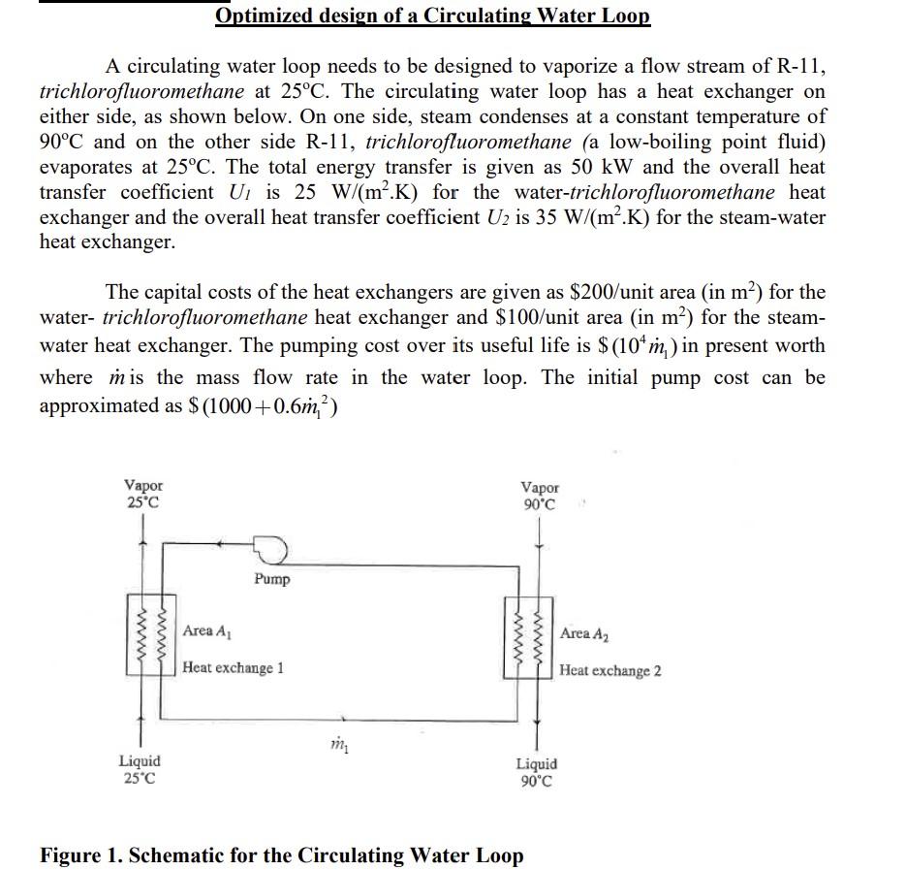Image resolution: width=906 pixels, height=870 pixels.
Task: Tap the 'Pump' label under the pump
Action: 272,579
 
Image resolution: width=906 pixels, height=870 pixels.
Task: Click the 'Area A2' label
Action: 585,633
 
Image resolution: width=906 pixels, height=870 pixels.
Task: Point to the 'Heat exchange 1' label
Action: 233,667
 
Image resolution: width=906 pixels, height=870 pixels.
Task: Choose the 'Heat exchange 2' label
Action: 610,670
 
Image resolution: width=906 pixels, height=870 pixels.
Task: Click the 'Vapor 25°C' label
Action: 143,494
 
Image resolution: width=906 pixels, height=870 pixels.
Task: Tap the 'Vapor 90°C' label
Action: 540,496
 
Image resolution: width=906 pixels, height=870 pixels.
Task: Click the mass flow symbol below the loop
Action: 337,745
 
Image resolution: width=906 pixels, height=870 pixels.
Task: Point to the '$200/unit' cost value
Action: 612,292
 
